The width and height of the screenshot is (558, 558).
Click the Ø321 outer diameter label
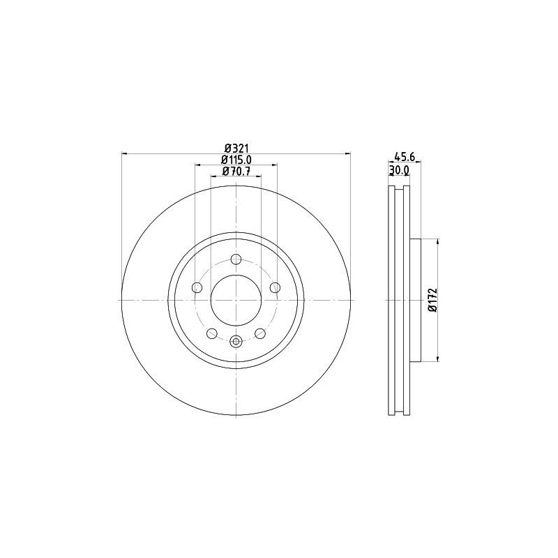236,148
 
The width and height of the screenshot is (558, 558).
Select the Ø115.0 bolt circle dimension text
236,160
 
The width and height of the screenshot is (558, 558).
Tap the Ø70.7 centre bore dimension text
236,171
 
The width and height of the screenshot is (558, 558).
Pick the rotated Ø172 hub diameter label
432,300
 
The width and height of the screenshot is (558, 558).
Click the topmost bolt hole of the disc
236,260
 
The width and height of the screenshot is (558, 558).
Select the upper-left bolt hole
197,288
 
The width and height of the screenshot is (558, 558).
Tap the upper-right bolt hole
275,287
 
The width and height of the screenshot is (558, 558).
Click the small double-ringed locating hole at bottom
236,341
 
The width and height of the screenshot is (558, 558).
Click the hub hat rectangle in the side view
416,300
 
